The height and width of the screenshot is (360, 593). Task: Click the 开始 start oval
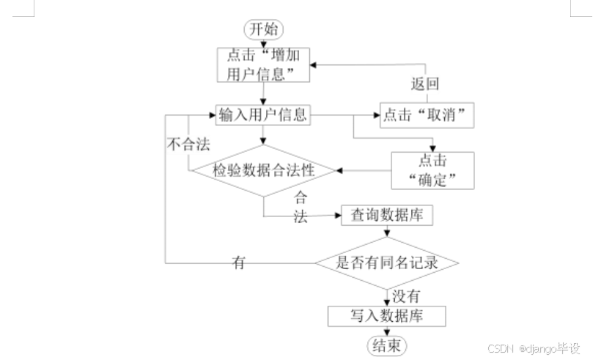coord(264,29)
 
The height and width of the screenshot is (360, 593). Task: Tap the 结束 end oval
coord(386,345)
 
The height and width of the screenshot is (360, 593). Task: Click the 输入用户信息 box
coord(263,115)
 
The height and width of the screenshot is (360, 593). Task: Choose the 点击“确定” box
coord(432,170)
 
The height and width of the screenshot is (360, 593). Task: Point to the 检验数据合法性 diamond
coord(264,170)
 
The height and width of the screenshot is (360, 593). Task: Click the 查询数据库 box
coord(387,216)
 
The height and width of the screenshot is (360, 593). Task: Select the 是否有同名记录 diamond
coord(386,262)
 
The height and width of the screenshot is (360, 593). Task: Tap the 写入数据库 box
coord(386,316)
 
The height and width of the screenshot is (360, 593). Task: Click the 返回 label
coord(425,84)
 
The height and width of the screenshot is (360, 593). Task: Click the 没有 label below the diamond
coord(406,296)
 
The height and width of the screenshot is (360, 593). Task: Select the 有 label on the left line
coord(239,262)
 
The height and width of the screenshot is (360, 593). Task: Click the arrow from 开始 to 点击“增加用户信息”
coord(264,43)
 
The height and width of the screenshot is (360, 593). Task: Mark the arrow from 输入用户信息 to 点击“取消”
coord(352,115)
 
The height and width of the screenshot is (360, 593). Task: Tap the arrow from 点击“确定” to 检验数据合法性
coord(364,170)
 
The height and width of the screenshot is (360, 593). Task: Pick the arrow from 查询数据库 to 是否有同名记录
coord(387,231)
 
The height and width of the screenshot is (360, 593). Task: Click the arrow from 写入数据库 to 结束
coord(386,331)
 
